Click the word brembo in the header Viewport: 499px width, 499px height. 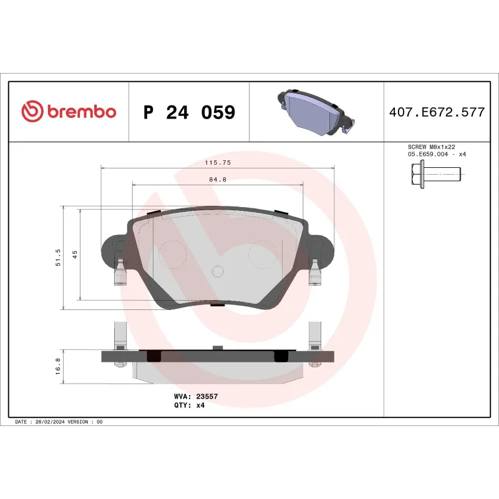pos(80,112)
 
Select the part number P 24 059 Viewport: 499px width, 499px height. pos(189,113)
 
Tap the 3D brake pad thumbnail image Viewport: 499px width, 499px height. pos(315,112)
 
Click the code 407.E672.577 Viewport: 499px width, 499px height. pos(436,113)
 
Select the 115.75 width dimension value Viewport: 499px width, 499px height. pos(218,162)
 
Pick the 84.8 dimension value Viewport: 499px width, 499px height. pos(218,180)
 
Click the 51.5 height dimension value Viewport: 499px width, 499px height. pos(58,257)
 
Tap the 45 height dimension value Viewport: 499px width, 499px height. pos(75,254)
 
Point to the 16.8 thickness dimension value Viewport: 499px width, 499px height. pos(58,367)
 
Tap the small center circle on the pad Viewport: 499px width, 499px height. pos(218,271)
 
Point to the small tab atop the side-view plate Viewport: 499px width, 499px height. pos(218,347)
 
